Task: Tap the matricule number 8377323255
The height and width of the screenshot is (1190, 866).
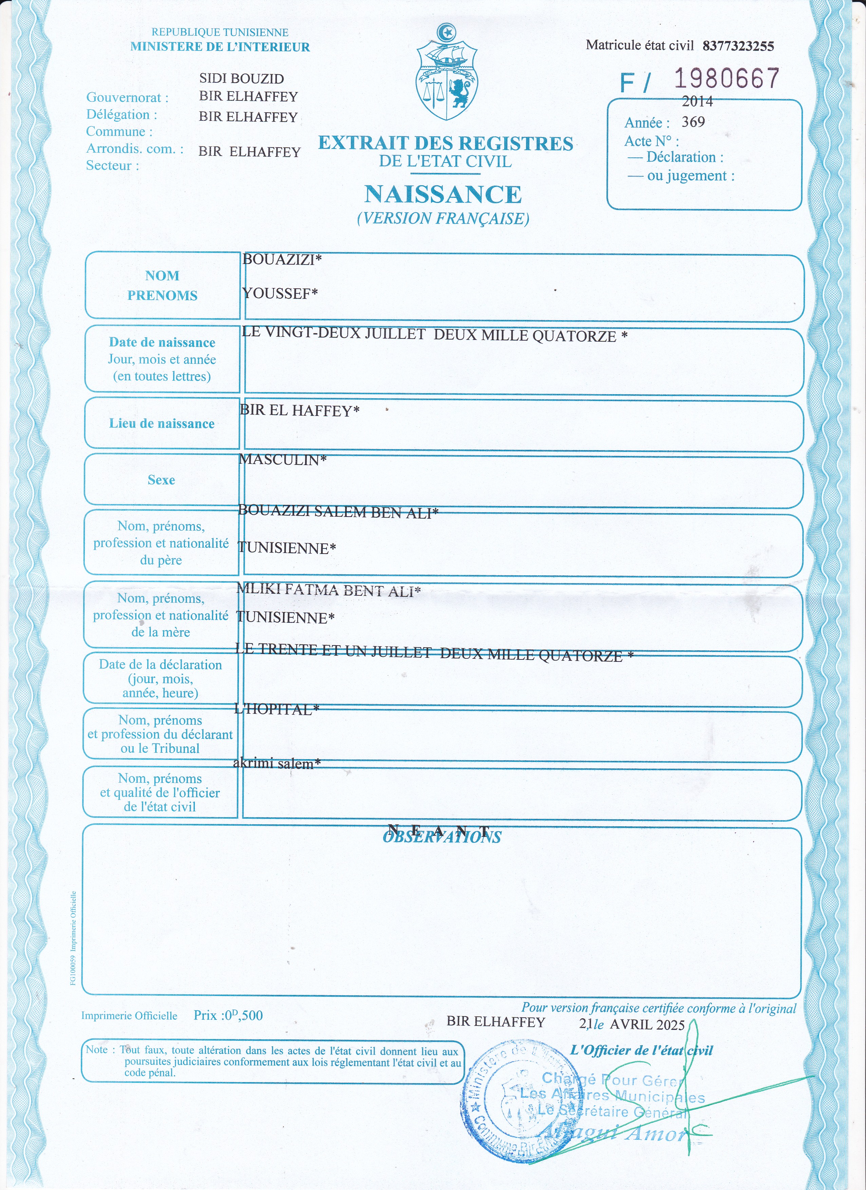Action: point(738,46)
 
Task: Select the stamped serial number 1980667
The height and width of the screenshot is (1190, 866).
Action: point(727,79)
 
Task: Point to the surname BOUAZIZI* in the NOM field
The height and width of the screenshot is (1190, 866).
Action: point(282,259)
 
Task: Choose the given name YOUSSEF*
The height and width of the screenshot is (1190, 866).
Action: point(280,293)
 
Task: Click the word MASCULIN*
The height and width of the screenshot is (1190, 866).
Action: point(282,460)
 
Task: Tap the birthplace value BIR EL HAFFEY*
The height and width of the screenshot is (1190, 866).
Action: point(300,410)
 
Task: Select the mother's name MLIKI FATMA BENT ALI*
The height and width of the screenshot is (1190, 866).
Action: point(328,590)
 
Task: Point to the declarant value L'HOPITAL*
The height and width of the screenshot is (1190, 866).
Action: point(277,709)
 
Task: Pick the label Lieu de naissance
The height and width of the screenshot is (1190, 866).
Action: point(162,423)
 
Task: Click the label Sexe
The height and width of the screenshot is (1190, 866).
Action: point(161,480)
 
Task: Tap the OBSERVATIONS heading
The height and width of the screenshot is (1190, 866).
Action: point(442,837)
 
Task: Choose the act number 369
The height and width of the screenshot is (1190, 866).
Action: point(693,122)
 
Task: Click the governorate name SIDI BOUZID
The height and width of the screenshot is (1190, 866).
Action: point(241,79)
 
